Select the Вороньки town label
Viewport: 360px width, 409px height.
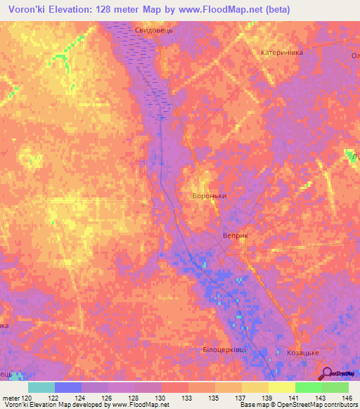[x=209, y=196]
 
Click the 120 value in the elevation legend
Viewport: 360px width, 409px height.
[x=27, y=398]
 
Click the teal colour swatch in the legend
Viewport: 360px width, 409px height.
[x=41, y=387]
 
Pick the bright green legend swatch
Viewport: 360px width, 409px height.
[x=308, y=387]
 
